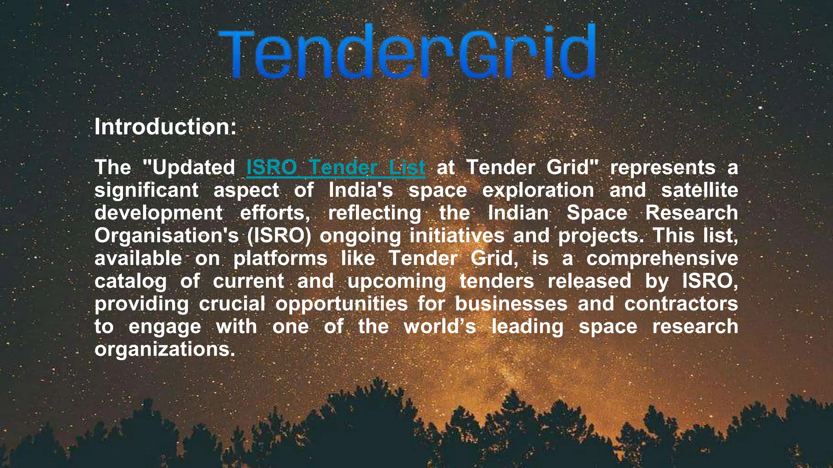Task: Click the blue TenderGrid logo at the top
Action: click(x=407, y=52)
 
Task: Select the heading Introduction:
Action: click(x=165, y=127)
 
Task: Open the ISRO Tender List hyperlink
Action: click(x=336, y=167)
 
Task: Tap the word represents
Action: click(x=663, y=167)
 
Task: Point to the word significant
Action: click(x=146, y=190)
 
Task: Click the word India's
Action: click(x=361, y=190)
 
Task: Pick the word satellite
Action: click(x=699, y=190)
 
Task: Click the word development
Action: click(x=159, y=213)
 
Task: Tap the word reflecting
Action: click(x=375, y=213)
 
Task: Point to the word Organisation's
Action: click(x=166, y=236)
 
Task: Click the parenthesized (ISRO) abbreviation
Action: click(x=279, y=236)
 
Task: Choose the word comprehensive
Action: click(x=662, y=258)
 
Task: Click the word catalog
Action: click(x=131, y=281)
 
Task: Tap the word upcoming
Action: click(x=397, y=281)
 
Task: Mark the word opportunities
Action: click(x=341, y=304)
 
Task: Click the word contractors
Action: click(x=681, y=304)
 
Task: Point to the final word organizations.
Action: click(x=165, y=349)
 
